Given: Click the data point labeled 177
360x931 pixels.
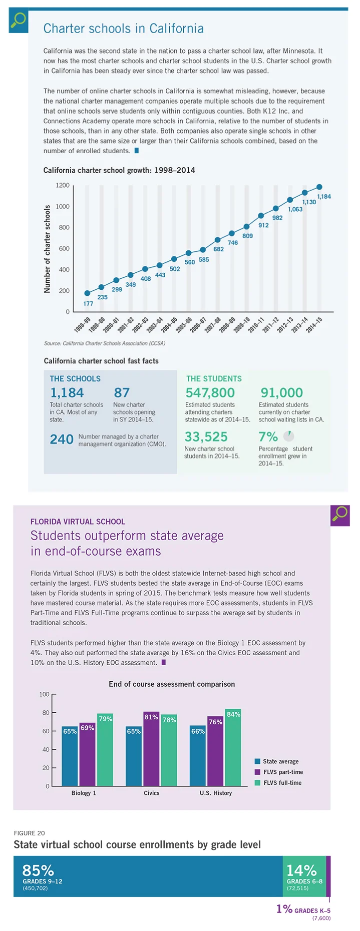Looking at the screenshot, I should pyautogui.click(x=87, y=293).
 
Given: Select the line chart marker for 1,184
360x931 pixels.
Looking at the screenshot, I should pyautogui.click(x=319, y=187).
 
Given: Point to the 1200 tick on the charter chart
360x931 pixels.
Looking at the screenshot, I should pyautogui.click(x=63, y=186).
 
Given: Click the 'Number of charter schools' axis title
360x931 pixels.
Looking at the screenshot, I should pyautogui.click(x=48, y=249).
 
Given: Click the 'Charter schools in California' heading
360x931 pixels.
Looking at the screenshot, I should pyautogui.click(x=123, y=29).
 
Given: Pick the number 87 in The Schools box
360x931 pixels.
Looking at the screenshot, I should pyautogui.click(x=122, y=393).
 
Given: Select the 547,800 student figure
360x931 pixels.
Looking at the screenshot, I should pyautogui.click(x=210, y=393).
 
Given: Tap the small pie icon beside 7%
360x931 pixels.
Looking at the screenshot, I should pyautogui.click(x=288, y=436).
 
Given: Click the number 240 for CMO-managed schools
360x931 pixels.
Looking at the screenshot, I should pyautogui.click(x=62, y=439).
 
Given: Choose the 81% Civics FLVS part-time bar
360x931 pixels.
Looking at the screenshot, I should pyautogui.click(x=151, y=748).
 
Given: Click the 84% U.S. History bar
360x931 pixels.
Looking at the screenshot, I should pyautogui.click(x=233, y=747).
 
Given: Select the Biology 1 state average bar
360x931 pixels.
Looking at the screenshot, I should pyautogui.click(x=70, y=756).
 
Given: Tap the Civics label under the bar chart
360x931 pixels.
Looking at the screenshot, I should pyautogui.click(x=152, y=793).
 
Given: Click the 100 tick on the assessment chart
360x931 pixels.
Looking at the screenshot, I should pyautogui.click(x=45, y=694).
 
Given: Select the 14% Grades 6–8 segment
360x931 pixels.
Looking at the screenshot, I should pyautogui.click(x=304, y=876).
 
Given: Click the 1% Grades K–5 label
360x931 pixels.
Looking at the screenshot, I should pyautogui.click(x=303, y=909).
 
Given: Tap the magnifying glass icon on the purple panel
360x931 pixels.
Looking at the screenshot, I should pyautogui.click(x=340, y=515).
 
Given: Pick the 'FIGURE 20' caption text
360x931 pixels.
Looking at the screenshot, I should pyautogui.click(x=30, y=833).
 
